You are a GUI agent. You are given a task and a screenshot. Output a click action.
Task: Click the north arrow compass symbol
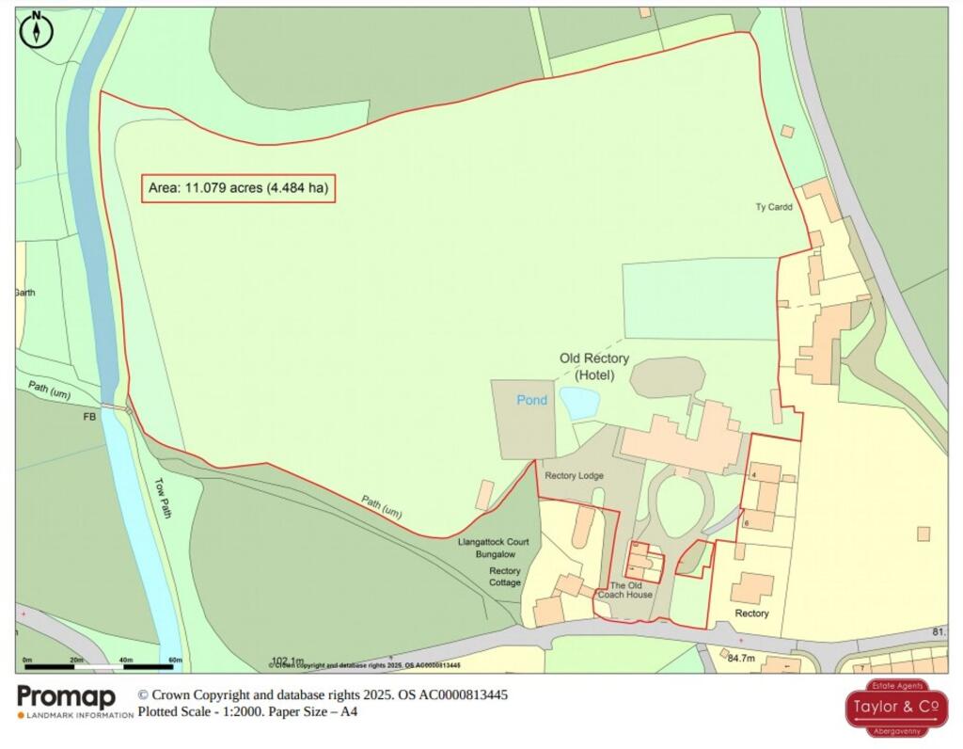(x=37, y=31)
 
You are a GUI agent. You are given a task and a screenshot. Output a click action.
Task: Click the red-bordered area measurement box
(x=238, y=188)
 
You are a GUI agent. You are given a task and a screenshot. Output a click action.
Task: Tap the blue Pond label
(x=531, y=400)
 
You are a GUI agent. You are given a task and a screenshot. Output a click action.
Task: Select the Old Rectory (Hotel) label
(x=594, y=367)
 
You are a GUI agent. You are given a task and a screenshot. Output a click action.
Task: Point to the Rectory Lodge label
(x=574, y=476)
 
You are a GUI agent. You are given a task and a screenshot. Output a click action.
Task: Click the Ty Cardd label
(x=774, y=207)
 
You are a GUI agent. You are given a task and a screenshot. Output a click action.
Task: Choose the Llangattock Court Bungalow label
(x=493, y=549)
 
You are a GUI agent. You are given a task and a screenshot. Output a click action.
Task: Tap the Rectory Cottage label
(x=504, y=577)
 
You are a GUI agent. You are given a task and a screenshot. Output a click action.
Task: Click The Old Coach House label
(x=624, y=589)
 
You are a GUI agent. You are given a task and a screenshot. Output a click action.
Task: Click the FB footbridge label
(x=90, y=416)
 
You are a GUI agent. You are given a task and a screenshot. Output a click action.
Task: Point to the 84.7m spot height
(x=742, y=658)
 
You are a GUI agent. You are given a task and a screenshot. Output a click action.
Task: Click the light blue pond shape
(x=579, y=403)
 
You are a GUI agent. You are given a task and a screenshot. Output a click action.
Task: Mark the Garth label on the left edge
(x=25, y=293)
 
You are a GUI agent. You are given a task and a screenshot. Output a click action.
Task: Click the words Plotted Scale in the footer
(x=174, y=712)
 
